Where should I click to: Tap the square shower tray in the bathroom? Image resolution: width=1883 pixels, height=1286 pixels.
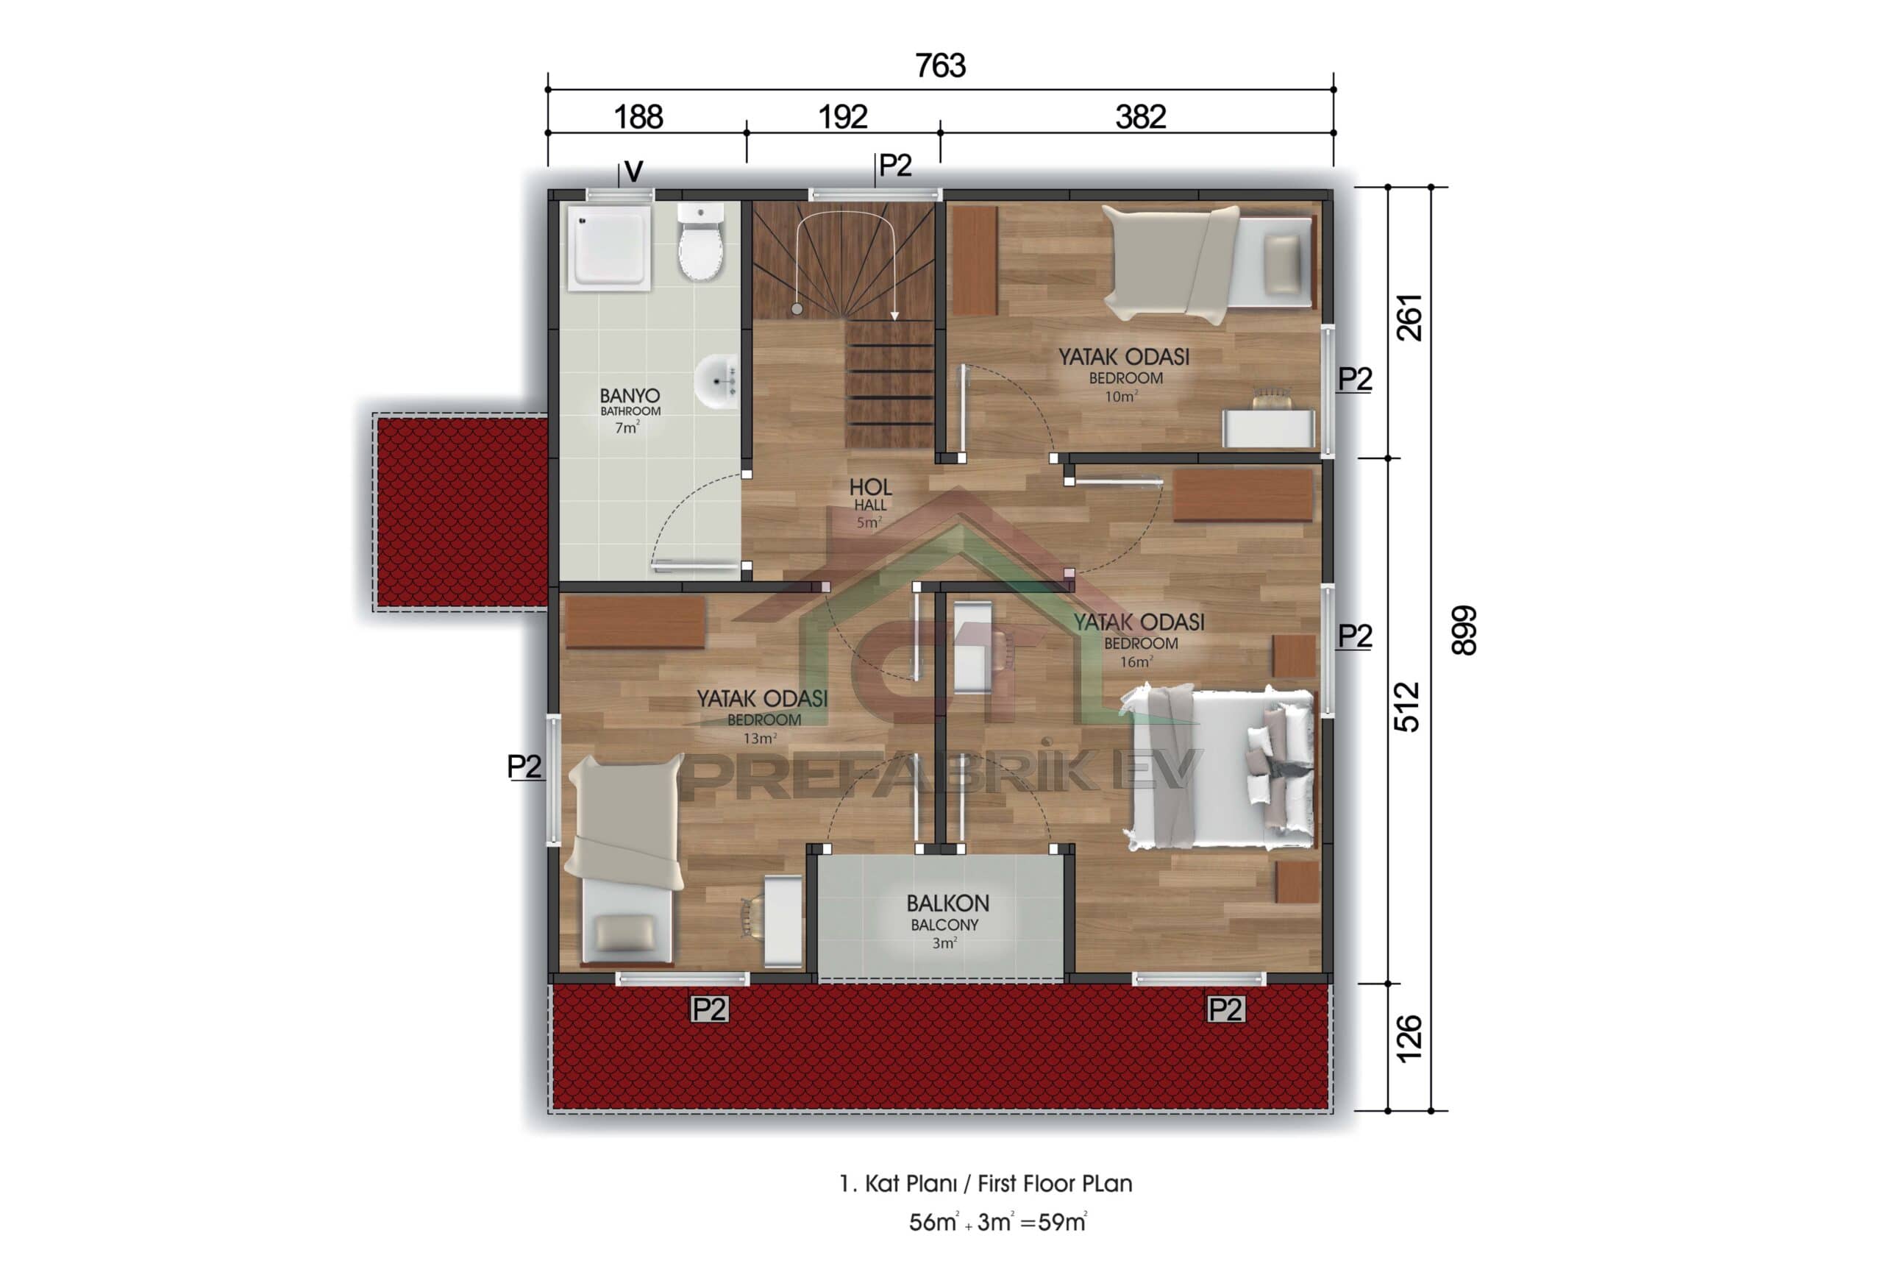[x=609, y=247]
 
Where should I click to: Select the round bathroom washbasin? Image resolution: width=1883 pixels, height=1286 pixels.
[x=718, y=381]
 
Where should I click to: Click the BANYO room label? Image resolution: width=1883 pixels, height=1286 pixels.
[x=630, y=397]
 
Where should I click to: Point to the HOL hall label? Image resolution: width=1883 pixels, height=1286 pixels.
[x=870, y=487]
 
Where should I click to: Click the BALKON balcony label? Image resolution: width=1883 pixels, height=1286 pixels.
[x=947, y=903]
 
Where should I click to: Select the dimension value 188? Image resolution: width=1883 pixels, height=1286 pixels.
[x=638, y=118]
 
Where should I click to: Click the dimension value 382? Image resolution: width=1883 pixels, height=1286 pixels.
[x=1140, y=118]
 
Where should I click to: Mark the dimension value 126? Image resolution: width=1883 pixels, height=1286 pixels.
[x=1410, y=1037]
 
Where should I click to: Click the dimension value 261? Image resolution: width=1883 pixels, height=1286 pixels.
[x=1410, y=318]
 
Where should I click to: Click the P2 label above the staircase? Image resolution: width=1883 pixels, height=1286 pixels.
[x=895, y=166]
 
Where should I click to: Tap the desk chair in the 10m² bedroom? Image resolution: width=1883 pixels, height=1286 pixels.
[x=1272, y=398]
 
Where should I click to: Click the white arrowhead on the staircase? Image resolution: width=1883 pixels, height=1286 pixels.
[x=894, y=316]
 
